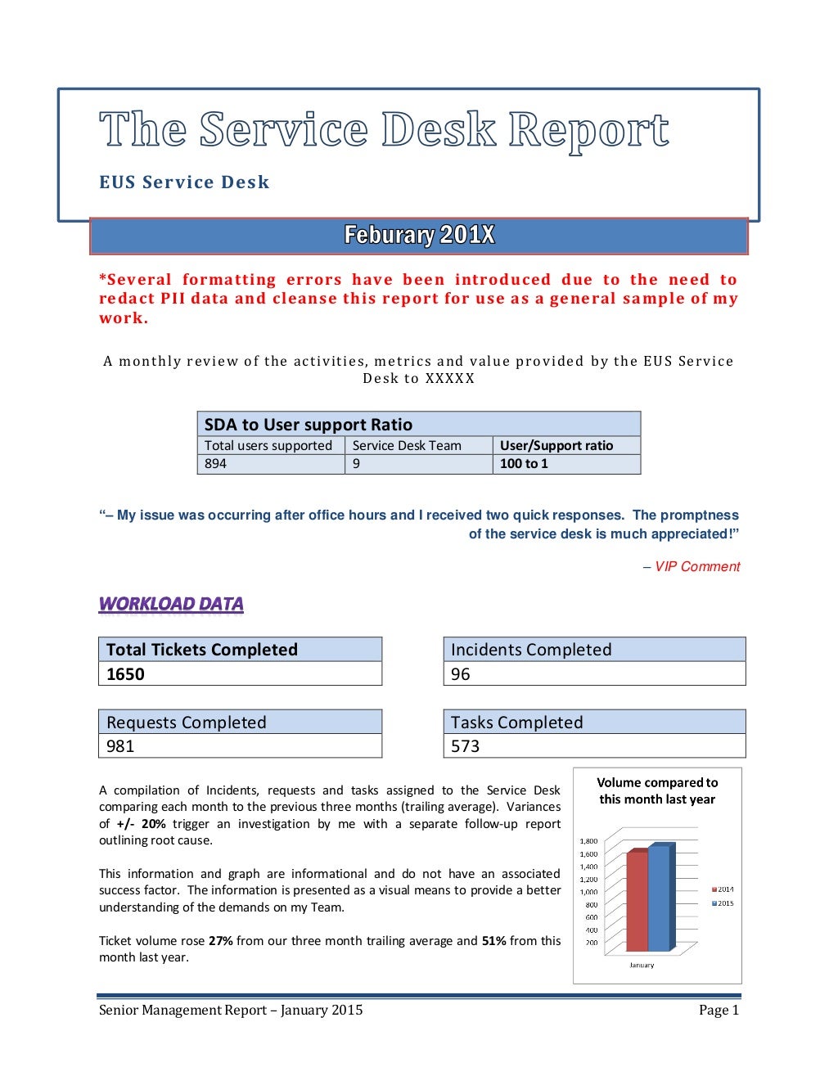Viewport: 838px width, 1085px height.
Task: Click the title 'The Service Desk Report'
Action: point(384,131)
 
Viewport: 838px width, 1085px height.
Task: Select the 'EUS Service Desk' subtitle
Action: point(184,182)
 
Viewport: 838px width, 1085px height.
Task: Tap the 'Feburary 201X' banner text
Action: point(419,236)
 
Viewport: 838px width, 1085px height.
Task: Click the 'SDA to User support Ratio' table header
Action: point(308,425)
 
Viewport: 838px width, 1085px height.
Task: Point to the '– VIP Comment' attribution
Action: point(692,567)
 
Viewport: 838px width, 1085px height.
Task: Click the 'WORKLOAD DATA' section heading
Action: point(171,605)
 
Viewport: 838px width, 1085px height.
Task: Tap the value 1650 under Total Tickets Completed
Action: point(125,674)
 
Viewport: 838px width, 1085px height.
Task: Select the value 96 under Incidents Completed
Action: point(461,674)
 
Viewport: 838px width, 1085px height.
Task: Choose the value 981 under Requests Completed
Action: point(120,746)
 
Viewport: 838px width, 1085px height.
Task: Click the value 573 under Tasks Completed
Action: point(465,746)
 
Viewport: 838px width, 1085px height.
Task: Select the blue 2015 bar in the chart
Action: point(659,898)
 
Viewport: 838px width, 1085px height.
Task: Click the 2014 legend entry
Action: point(723,889)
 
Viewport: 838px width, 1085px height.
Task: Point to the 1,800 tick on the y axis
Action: point(588,841)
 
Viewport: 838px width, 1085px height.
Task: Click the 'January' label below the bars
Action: point(642,966)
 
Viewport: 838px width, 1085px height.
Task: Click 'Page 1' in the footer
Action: point(719,1011)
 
